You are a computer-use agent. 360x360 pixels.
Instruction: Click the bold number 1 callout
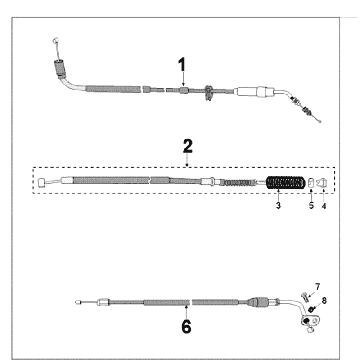point(182,65)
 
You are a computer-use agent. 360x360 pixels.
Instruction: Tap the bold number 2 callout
point(188,146)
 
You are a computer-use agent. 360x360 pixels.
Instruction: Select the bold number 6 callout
point(186,327)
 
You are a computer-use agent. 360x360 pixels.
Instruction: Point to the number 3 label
point(278,206)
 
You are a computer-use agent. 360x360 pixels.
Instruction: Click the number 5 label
point(311,206)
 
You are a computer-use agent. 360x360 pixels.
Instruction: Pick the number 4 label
point(324,206)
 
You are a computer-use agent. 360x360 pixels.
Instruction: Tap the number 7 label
point(317,287)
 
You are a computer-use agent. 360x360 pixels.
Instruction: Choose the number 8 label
point(324,301)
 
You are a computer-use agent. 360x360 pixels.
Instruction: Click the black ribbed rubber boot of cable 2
point(286,183)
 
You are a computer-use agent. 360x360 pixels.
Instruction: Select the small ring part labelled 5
point(311,183)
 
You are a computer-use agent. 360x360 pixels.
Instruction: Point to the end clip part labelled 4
point(323,182)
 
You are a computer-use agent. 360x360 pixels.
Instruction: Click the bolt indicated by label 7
point(305,296)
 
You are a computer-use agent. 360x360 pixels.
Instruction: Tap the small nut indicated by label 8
point(312,309)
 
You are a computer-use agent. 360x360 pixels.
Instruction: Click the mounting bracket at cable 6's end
point(310,321)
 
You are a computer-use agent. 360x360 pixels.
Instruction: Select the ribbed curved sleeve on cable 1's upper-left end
point(60,69)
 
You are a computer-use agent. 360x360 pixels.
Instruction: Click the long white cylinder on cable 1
point(246,91)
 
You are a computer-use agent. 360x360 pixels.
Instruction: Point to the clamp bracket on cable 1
point(209,93)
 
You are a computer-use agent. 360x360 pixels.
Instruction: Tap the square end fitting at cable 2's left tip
point(41,183)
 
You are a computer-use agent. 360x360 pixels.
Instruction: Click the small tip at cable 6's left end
point(78,302)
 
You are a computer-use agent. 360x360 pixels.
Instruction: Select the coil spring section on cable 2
point(237,182)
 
